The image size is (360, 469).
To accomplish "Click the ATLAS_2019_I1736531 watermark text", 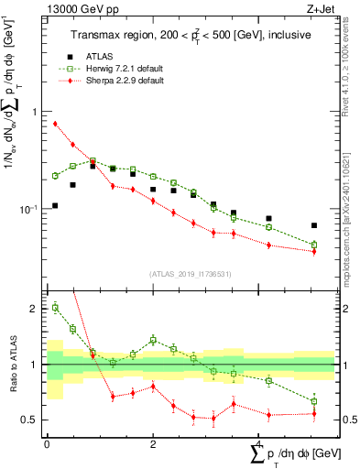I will [191, 274].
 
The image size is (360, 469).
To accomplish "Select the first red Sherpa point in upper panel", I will [56, 124].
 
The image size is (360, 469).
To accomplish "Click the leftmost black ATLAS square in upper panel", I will [56, 205].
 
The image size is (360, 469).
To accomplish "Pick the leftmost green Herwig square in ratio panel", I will [56, 308].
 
